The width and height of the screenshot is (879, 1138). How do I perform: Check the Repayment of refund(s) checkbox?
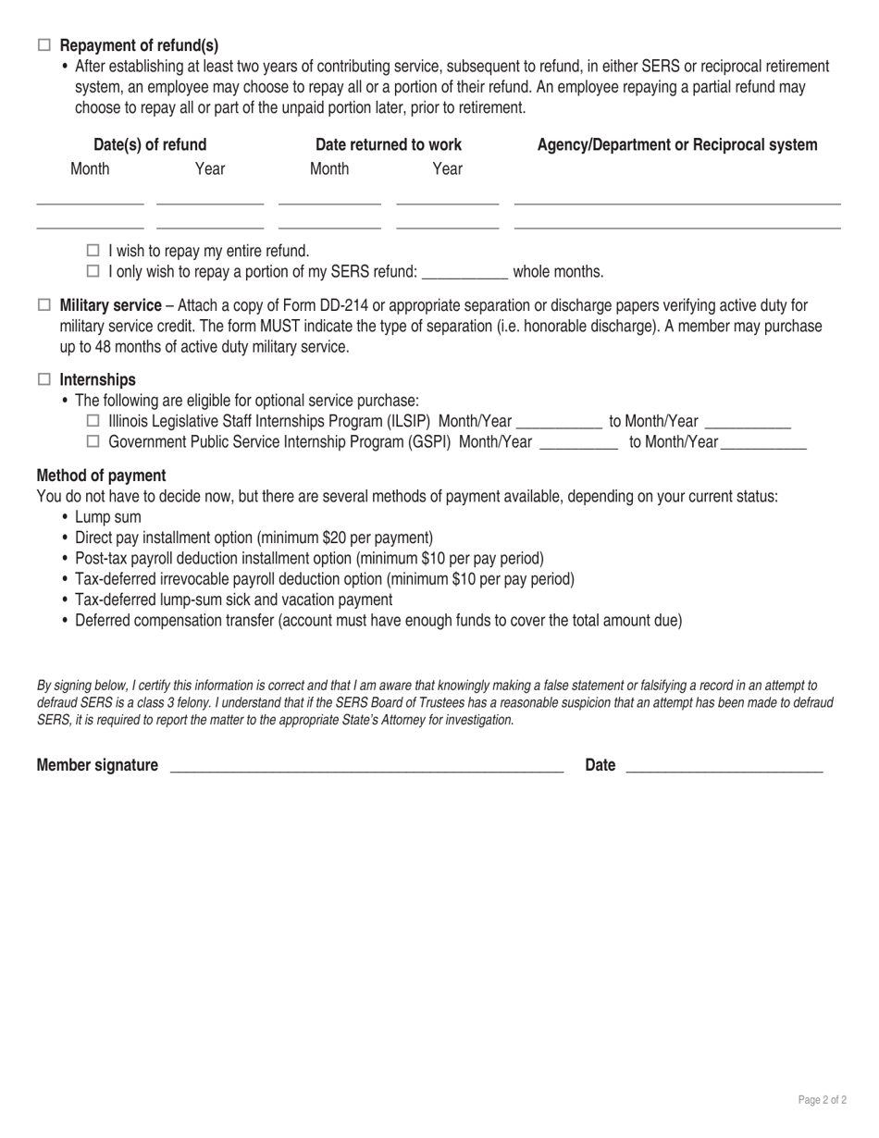[x=44, y=45]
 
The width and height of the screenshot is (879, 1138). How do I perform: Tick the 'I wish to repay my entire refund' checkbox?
[x=93, y=251]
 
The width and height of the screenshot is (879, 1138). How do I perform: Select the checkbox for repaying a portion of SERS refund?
[x=93, y=272]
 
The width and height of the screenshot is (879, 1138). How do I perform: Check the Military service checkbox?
[x=44, y=305]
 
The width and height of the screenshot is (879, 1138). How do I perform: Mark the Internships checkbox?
[x=44, y=379]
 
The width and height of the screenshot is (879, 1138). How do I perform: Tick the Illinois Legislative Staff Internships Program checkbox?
[x=93, y=422]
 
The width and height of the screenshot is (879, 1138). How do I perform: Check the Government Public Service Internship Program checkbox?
[x=93, y=442]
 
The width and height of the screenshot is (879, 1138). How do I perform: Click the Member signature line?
[x=366, y=766]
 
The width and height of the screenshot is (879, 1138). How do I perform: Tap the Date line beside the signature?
[x=724, y=766]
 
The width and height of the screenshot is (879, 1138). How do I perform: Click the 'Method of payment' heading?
[x=101, y=476]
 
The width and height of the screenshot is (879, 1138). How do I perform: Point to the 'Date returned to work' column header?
[x=389, y=145]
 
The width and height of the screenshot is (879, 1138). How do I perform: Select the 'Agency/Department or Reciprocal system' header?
[x=677, y=145]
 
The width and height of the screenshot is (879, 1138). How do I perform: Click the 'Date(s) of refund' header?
[x=150, y=145]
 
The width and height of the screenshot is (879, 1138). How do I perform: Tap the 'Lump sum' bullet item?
[x=108, y=517]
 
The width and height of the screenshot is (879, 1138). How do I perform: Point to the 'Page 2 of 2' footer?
[x=822, y=1100]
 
